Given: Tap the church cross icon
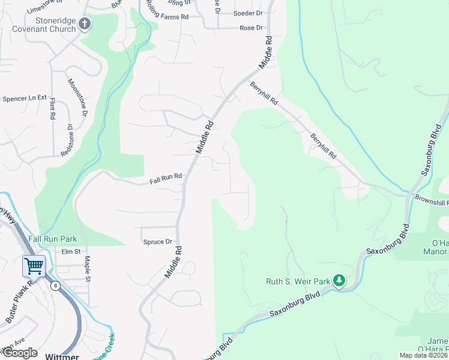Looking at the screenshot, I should coord(85,25).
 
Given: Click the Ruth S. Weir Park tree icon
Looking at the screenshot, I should coord(339,280).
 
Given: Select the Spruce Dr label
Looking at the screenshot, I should coord(158,242).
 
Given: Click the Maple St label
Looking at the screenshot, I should coord(88,269).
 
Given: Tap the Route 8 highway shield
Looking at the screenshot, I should coord(55,286).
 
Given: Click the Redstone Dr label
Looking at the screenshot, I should coord(67,140).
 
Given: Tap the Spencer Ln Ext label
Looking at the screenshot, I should coord(25,98).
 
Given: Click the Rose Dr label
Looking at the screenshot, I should coord(252,28).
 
